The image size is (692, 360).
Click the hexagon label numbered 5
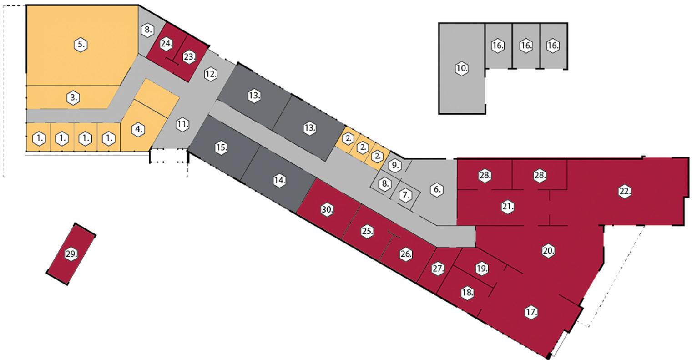[x=81, y=45]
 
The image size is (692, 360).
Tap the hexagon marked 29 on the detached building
[x=71, y=254]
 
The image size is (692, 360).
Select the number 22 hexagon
[x=625, y=192]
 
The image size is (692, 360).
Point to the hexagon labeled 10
[x=462, y=69]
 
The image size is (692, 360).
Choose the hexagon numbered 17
[x=531, y=313]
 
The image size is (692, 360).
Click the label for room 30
[x=327, y=210]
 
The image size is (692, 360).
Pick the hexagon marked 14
[x=280, y=181]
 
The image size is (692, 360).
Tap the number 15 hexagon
[x=222, y=147]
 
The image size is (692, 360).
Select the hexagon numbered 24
[x=166, y=44]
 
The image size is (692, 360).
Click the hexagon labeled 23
[x=189, y=57]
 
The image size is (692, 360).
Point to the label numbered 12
[x=210, y=74]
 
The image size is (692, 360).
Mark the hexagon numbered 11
[x=182, y=124]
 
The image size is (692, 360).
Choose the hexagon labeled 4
[x=138, y=129]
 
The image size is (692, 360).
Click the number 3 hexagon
[x=74, y=98]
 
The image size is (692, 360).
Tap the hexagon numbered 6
[x=436, y=189]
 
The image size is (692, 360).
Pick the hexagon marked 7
[x=405, y=195]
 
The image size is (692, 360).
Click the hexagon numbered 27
[x=438, y=269]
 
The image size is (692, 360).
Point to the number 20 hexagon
[x=549, y=251]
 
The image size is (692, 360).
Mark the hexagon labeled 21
[x=508, y=207]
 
